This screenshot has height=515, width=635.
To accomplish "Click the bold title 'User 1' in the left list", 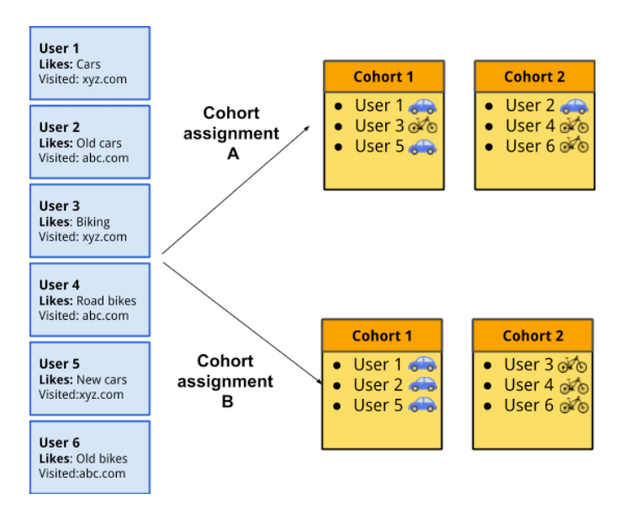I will tap(57, 49).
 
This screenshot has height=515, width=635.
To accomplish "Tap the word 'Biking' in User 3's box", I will tap(93, 222).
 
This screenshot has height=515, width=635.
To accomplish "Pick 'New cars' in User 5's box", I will tap(102, 380).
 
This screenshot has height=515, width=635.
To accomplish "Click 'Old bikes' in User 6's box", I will tap(103, 459).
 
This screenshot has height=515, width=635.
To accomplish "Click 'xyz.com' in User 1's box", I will tap(103, 79).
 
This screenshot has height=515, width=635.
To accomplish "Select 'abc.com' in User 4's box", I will tap(105, 316).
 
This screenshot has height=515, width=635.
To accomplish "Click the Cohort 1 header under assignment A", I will tap(384, 77).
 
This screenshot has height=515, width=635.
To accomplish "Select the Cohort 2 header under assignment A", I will tap(534, 77).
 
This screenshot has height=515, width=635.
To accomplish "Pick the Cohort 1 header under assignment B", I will tap(383, 336).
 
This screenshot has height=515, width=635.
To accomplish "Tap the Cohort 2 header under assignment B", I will tap(532, 336).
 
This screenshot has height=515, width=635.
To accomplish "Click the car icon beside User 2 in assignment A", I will tap(574, 106).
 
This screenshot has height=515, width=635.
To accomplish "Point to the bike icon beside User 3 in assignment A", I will tap(422, 126).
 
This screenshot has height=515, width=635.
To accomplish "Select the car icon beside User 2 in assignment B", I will tap(422, 385).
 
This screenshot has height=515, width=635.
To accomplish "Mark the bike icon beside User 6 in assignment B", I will tap(574, 406).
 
